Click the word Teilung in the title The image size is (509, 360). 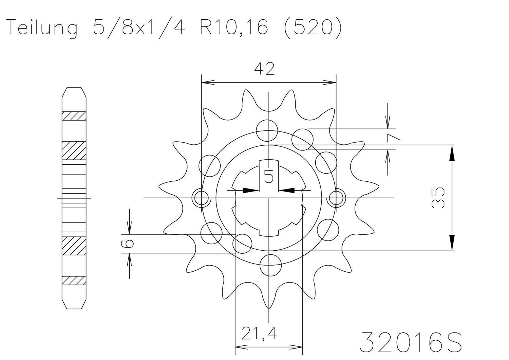pyautogui.click(x=42, y=28)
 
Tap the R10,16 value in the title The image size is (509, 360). pyautogui.click(x=234, y=28)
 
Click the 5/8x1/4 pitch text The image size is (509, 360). pyautogui.click(x=139, y=28)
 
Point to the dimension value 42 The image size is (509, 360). pyautogui.click(x=264, y=70)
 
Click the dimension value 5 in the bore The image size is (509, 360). pyautogui.click(x=269, y=176)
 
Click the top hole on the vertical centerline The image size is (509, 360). pyautogui.click(x=267, y=130)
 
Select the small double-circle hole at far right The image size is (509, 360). pyautogui.click(x=336, y=197)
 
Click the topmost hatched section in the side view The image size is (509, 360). pyautogui.click(x=74, y=116)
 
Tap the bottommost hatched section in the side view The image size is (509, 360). pyautogui.click(x=74, y=281)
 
